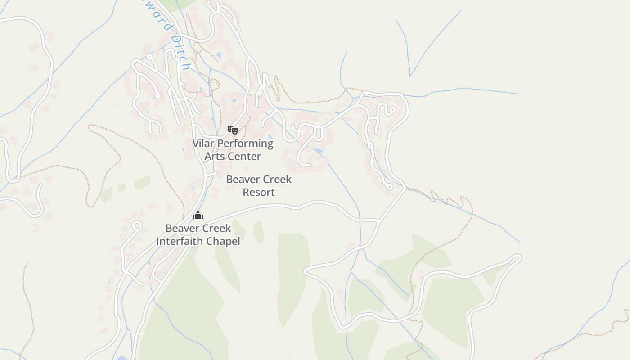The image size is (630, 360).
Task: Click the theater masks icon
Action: click(x=232, y=130)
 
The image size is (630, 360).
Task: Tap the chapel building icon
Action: click(x=198, y=215)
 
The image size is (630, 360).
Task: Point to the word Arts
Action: click(x=214, y=157)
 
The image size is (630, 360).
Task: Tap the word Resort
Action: click(x=259, y=192)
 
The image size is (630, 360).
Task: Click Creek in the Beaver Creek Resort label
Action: click(x=276, y=180)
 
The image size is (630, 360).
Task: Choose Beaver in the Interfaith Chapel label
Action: click(x=181, y=228)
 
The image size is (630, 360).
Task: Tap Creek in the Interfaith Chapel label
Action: click(x=215, y=228)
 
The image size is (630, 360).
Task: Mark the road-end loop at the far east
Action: click(x=517, y=258)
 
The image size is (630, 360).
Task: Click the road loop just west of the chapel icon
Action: click(x=137, y=225)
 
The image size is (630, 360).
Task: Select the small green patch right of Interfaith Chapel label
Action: click(x=258, y=232)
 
